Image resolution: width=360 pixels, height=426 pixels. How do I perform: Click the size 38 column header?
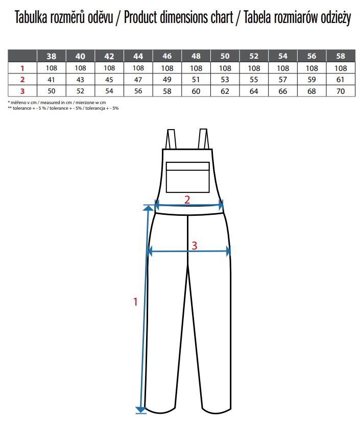click(x=52, y=56)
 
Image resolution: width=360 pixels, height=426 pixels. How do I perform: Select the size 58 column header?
click(x=341, y=56)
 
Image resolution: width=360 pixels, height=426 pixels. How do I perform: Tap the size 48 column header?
click(x=196, y=56)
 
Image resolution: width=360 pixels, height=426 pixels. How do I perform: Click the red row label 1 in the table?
click(x=22, y=68)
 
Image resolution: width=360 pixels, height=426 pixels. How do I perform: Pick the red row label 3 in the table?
click(x=22, y=91)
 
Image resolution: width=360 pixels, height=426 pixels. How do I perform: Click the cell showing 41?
click(x=51, y=80)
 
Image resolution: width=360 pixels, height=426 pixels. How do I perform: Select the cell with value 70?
click(x=341, y=91)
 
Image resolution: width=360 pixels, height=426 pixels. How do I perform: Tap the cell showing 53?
click(x=225, y=80)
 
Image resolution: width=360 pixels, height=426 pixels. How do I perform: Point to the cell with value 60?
click(x=196, y=91)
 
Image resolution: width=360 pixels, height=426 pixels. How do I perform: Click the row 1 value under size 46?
click(x=167, y=68)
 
